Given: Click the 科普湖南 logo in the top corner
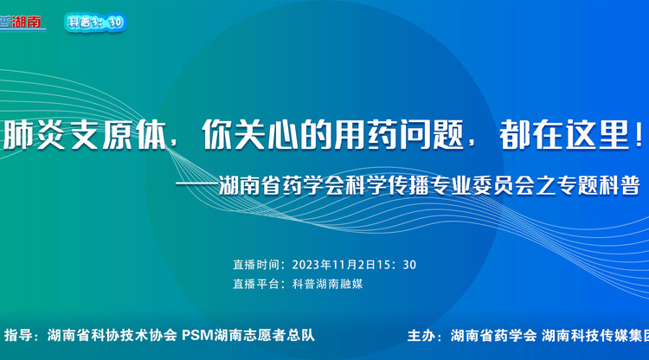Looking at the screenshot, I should coord(23,22).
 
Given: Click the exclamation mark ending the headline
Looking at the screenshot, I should coord(639,135).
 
